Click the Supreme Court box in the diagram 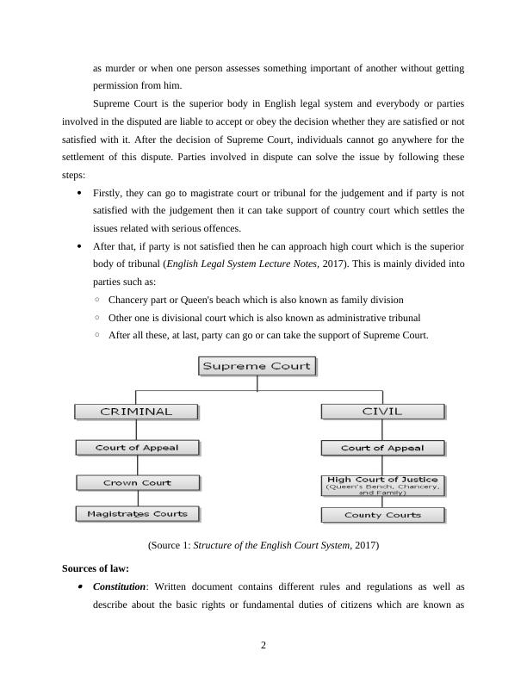[x=257, y=366]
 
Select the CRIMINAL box [x=136, y=412]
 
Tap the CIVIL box [x=382, y=412]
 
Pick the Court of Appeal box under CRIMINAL [x=136, y=448]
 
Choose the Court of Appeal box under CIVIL [x=382, y=448]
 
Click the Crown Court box [x=136, y=482]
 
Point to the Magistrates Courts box [x=136, y=514]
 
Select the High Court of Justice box [x=382, y=485]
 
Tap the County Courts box [x=382, y=515]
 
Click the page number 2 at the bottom [x=263, y=647]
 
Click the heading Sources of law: [x=96, y=568]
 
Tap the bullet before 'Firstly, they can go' [x=80, y=194]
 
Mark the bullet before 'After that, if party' [x=80, y=246]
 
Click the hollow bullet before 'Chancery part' [x=98, y=300]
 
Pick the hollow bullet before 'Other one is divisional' [x=98, y=317]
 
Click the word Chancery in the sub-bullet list [x=129, y=300]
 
